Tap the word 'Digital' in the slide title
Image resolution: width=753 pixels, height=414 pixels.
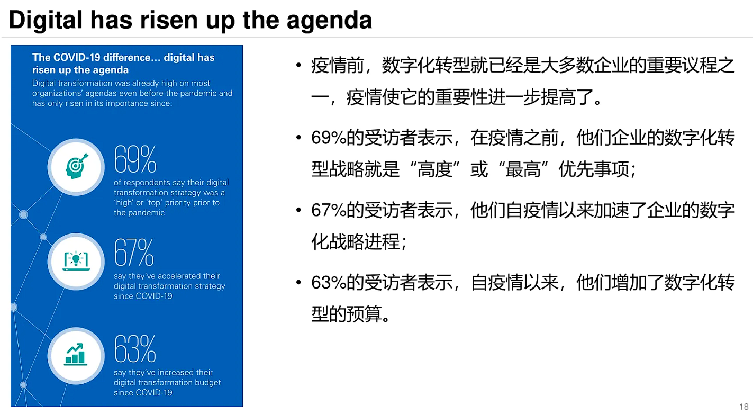pos(46,20)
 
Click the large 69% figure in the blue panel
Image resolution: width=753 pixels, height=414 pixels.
pos(135,159)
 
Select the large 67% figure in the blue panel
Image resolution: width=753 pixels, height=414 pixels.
pos(134,253)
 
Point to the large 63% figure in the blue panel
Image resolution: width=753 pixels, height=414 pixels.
pos(135,349)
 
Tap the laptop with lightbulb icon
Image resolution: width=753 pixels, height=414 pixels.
pos(76,261)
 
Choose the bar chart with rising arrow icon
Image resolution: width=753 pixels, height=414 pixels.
pos(76,354)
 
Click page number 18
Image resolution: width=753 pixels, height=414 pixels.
pos(743,406)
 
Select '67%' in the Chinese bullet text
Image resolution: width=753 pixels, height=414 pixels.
pos(329,211)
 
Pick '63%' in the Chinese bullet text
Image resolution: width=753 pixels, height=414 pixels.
pos(329,283)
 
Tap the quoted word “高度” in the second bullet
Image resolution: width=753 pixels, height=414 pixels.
pos(435,170)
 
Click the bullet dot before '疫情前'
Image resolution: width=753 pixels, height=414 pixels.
pos(300,67)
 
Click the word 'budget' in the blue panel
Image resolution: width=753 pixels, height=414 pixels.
pos(207,382)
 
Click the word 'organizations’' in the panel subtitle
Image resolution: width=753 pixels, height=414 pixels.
pos(60,93)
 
